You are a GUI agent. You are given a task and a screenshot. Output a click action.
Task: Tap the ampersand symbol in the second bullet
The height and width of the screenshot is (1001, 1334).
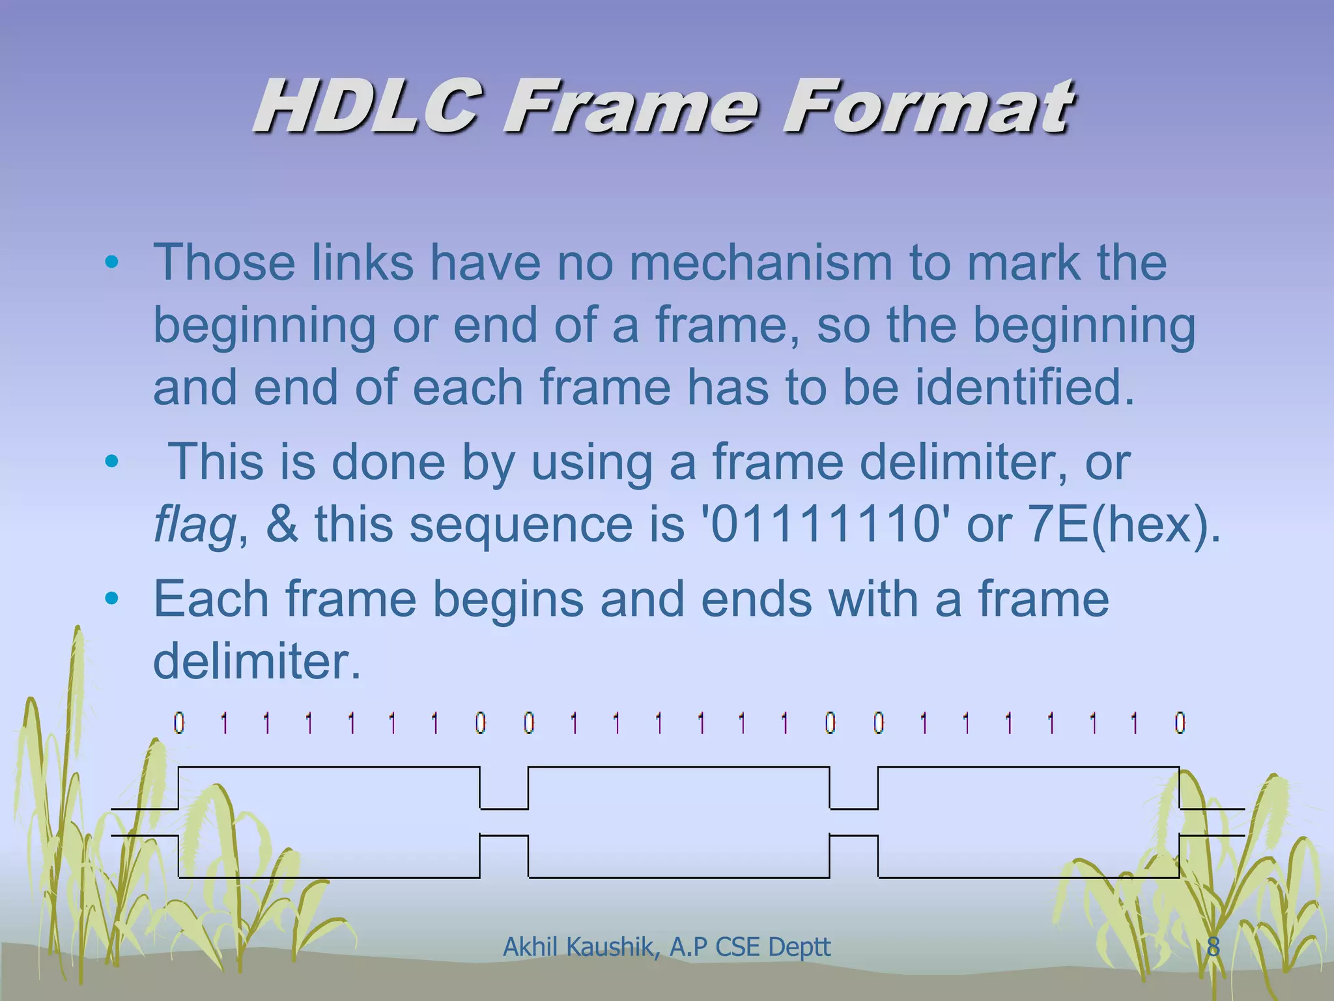click(x=281, y=525)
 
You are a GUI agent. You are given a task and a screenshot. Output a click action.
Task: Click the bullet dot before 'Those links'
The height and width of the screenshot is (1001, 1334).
click(x=111, y=263)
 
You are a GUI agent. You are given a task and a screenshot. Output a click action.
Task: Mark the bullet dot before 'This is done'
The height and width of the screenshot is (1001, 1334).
click(x=111, y=462)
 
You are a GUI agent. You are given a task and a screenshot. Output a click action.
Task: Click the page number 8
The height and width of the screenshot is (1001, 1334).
click(x=1213, y=947)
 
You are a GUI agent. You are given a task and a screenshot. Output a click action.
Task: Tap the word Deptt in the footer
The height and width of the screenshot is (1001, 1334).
click(x=800, y=947)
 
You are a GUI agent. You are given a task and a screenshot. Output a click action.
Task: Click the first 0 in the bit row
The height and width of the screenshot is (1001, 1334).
click(x=179, y=723)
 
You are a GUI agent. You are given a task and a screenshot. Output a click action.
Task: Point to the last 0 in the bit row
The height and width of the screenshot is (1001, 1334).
click(x=1180, y=723)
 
